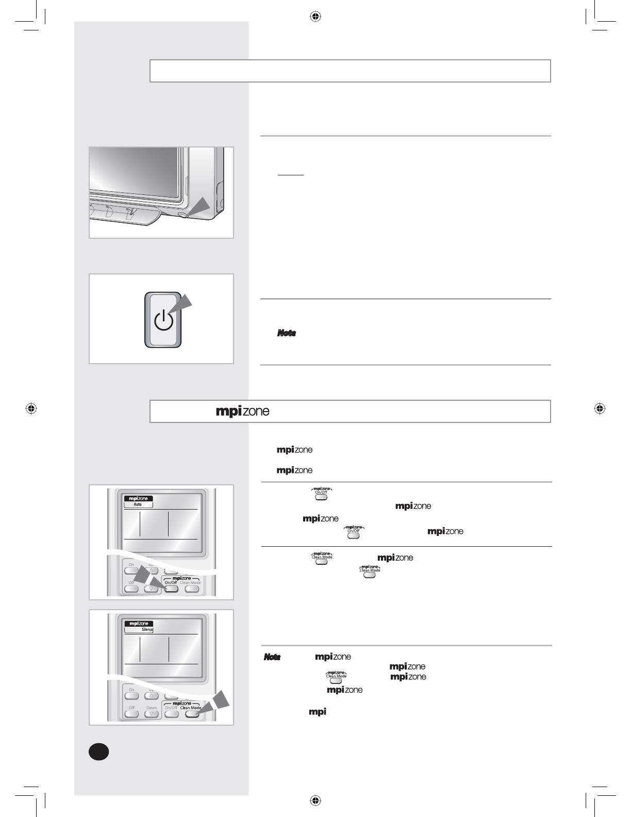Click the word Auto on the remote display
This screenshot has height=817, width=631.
pyautogui.click(x=138, y=504)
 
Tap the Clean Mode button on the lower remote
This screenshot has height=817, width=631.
pyautogui.click(x=192, y=714)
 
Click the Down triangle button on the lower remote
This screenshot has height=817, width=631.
pyautogui.click(x=152, y=714)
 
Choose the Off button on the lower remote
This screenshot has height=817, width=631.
pyautogui.click(x=131, y=714)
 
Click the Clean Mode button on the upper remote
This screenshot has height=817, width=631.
pyautogui.click(x=192, y=589)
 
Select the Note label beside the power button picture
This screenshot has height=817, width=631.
pyautogui.click(x=286, y=333)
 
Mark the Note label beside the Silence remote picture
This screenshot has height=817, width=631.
pyautogui.click(x=272, y=657)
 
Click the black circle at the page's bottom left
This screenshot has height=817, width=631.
pyautogui.click(x=98, y=751)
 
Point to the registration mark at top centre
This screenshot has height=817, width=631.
pyautogui.click(x=315, y=17)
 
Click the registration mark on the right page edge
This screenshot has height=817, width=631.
pyautogui.click(x=599, y=408)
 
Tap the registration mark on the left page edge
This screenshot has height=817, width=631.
pyautogui.click(x=31, y=408)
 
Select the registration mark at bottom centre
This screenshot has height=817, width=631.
pyautogui.click(x=315, y=800)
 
